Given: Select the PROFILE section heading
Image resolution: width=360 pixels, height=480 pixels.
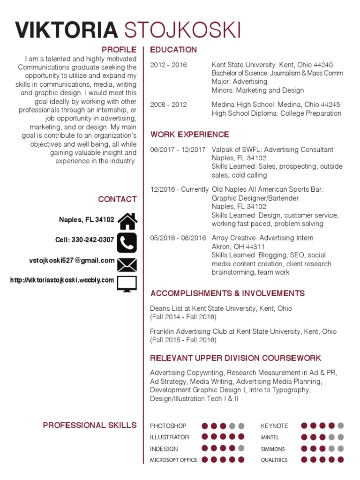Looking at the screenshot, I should (119, 50).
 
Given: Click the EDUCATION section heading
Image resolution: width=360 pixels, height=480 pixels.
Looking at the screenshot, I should (173, 50).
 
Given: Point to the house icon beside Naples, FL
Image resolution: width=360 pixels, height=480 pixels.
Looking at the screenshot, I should (127, 220).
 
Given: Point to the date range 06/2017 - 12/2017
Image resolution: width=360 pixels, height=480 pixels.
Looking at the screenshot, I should (178, 150).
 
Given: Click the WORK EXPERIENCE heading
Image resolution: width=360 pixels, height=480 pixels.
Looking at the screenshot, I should (190, 135).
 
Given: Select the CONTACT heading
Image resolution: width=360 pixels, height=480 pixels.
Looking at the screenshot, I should (117, 199).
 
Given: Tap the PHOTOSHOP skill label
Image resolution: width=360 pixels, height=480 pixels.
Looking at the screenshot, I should (168, 426).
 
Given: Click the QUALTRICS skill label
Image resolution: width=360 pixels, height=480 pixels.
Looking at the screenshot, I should (274, 460).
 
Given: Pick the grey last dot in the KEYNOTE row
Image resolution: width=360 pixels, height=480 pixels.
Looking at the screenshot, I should (341, 426).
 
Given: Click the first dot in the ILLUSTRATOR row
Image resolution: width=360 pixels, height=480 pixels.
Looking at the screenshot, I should (205, 437).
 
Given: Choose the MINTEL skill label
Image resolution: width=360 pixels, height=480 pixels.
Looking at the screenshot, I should (270, 437).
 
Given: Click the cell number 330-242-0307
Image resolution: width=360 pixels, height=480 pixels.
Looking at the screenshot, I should (93, 240).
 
